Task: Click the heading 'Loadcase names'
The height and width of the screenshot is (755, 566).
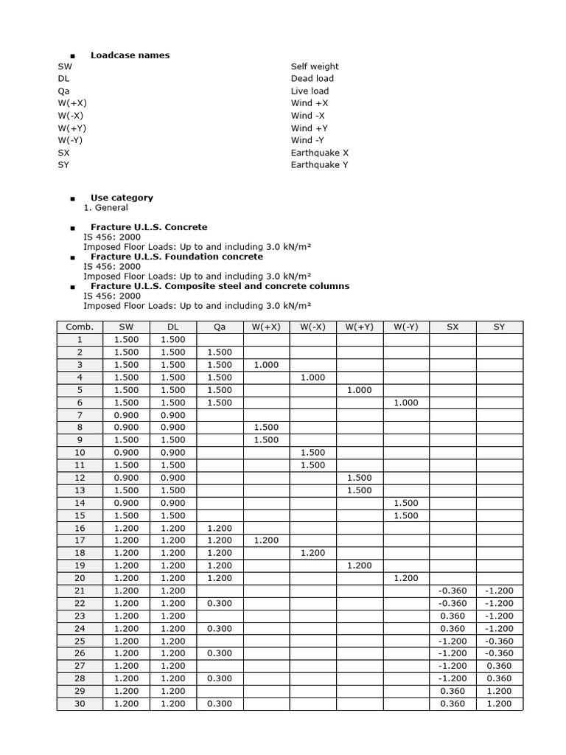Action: [130, 55]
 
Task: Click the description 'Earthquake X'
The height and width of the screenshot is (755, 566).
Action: [319, 153]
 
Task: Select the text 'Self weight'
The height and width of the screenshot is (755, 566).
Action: [315, 66]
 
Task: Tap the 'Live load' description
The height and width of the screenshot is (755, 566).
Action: [310, 91]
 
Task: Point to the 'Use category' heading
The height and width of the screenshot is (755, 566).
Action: [122, 198]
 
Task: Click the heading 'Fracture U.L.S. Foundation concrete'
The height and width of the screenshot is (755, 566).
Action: [176, 257]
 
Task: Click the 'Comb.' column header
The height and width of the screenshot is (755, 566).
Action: [80, 327]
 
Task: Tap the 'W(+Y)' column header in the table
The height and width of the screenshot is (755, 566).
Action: [359, 327]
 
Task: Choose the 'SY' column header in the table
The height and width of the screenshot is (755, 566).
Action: [499, 327]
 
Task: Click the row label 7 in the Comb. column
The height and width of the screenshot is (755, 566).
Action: [80, 415]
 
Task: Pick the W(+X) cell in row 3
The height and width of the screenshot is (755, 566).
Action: [266, 365]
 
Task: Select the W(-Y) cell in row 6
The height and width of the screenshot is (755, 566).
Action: [406, 403]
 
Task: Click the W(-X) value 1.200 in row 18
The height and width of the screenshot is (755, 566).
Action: [312, 553]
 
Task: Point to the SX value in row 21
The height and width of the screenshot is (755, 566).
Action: [453, 591]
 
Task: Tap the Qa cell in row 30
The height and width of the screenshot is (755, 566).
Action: [220, 703]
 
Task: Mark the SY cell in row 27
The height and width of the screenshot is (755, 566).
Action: [499, 666]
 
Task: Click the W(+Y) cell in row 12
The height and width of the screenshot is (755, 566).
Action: [359, 478]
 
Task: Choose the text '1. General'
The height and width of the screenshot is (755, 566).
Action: [105, 208]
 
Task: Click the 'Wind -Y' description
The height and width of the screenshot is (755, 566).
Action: [308, 140]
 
